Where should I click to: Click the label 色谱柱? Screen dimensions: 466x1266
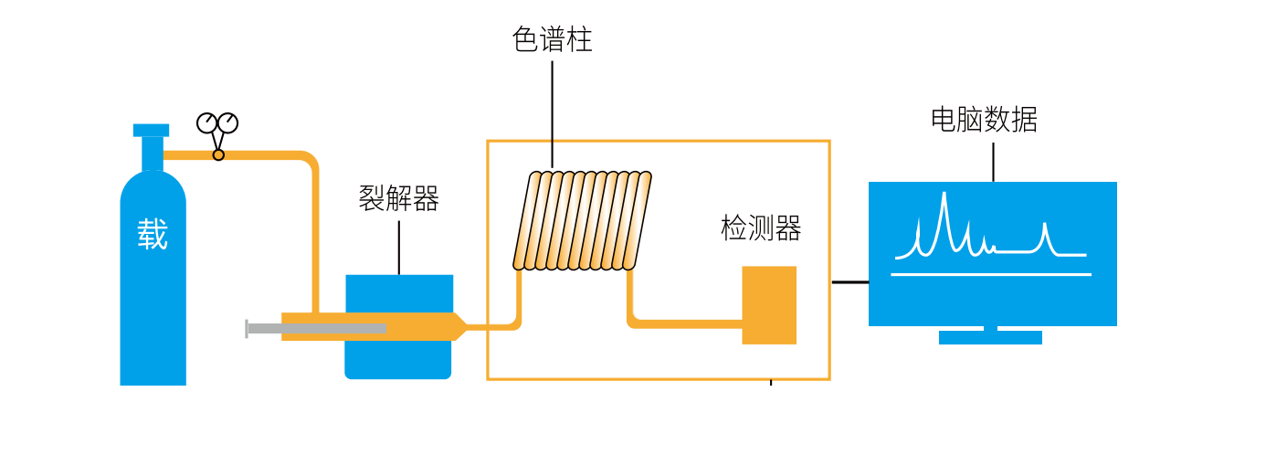click(x=552, y=40)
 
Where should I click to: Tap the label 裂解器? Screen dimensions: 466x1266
click(x=398, y=198)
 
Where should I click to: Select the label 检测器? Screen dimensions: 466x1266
click(x=761, y=228)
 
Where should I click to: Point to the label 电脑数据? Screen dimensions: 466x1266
click(x=984, y=120)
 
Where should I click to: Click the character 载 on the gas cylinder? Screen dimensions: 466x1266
click(x=153, y=235)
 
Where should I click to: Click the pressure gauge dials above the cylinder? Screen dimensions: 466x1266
click(x=217, y=122)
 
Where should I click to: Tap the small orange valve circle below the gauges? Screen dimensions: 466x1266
click(x=218, y=155)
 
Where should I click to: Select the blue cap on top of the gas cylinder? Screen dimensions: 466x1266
click(x=151, y=130)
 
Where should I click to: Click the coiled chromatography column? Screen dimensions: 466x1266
click(x=582, y=220)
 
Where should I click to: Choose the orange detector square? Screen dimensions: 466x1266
click(x=769, y=305)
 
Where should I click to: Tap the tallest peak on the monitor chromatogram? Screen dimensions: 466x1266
click(x=944, y=197)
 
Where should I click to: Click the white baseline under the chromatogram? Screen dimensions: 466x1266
click(x=991, y=274)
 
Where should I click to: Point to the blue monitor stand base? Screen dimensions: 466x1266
click(x=990, y=337)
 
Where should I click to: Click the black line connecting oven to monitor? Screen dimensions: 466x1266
click(x=849, y=282)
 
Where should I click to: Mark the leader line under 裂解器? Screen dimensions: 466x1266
click(x=398, y=247)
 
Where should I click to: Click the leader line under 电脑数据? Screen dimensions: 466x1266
click(x=993, y=162)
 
